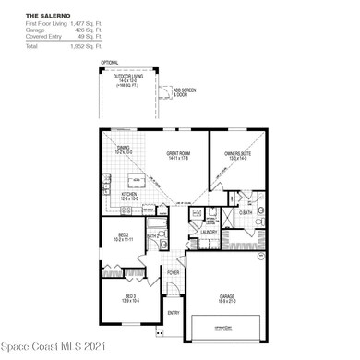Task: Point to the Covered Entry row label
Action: pyautogui.click(x=42, y=38)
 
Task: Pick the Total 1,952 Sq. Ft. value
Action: pyautogui.click(x=87, y=46)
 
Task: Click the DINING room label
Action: pyautogui.click(x=123, y=149)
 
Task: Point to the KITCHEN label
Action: pyautogui.click(x=130, y=196)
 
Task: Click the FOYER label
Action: pyautogui.click(x=173, y=273)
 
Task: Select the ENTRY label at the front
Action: pyautogui.click(x=174, y=313)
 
